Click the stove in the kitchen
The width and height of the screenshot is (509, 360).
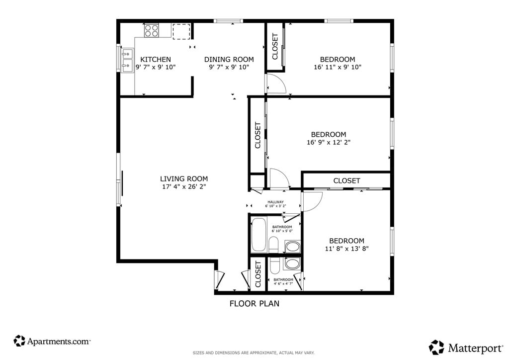point(151,31)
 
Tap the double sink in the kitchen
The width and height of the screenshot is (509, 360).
point(127,60)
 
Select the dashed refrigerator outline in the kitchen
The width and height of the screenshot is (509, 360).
point(181,31)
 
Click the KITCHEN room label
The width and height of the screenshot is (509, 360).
point(156,59)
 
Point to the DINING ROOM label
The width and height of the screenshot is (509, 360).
point(229,59)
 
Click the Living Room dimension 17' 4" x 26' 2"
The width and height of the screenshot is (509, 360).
point(184,186)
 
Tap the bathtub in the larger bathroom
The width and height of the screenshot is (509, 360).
point(258,235)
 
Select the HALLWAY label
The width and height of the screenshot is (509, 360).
point(275,202)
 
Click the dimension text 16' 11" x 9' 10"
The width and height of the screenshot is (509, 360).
point(338,67)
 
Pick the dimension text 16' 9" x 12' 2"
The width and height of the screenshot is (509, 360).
point(329,142)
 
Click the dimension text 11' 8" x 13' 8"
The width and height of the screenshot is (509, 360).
point(346,249)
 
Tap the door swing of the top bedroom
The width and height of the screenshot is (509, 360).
point(276,84)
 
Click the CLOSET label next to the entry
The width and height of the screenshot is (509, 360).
point(258,274)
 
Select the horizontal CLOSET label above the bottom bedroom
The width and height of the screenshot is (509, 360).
point(346,181)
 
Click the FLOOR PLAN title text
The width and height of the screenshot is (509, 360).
point(254,303)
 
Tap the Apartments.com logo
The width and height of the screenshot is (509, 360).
point(52,341)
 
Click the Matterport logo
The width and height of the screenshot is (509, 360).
point(466,348)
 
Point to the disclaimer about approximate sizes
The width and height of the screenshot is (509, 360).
point(254,353)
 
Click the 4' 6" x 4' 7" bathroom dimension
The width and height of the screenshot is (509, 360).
point(283,284)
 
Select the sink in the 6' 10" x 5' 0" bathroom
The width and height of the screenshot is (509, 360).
point(293,247)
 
